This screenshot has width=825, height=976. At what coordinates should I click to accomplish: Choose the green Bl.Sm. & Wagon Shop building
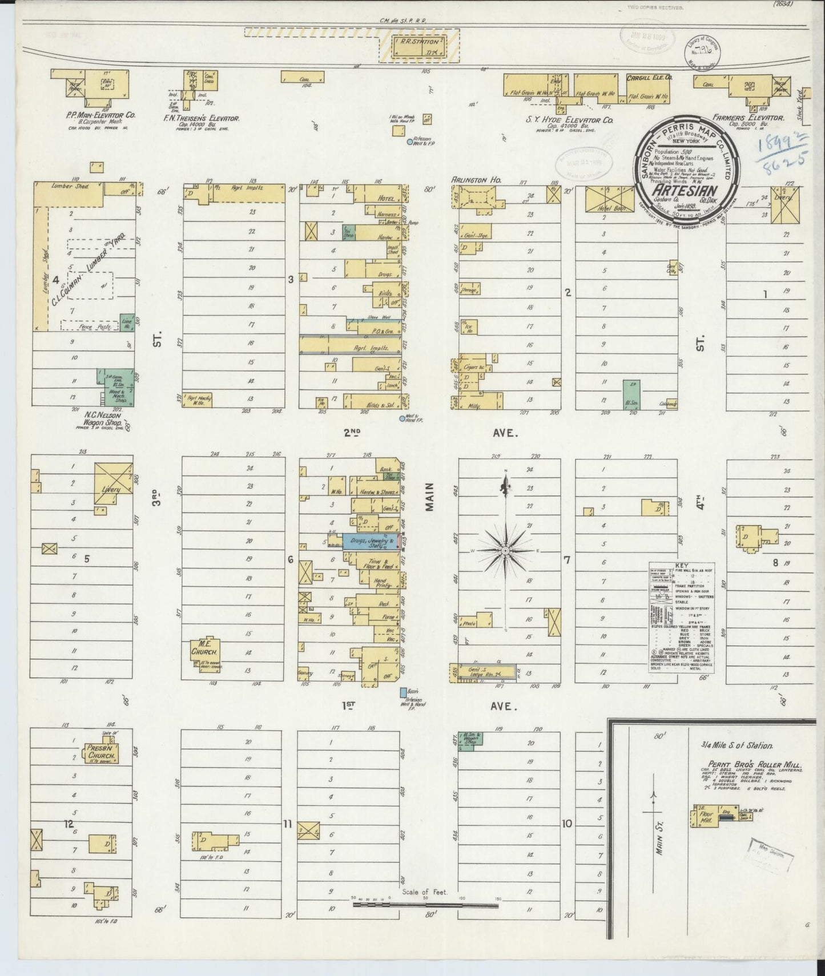[x=471, y=740]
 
